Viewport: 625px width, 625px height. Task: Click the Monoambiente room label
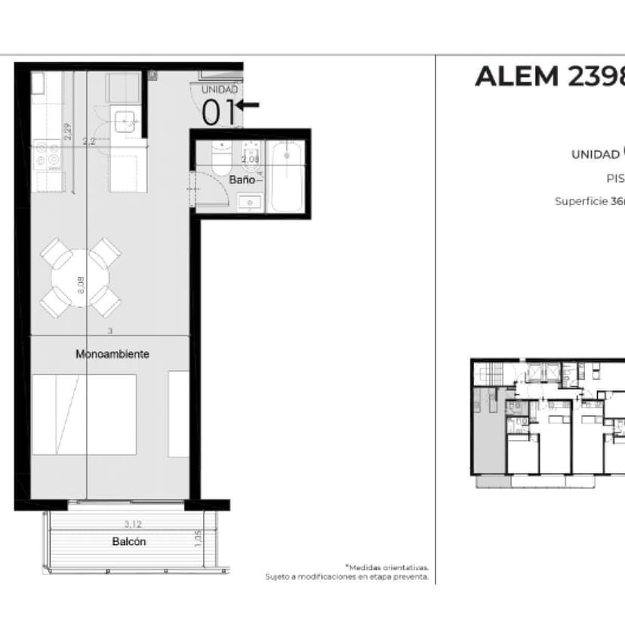[x=112, y=353]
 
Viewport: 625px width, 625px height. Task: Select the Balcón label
[x=129, y=541]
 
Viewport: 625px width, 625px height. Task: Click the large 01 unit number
[x=219, y=112]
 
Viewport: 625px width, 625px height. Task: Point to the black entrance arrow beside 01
[x=248, y=105]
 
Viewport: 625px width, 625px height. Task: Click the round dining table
[x=80, y=279]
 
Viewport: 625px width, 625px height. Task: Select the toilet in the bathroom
[x=221, y=158]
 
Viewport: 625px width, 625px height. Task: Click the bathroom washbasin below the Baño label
[x=250, y=202]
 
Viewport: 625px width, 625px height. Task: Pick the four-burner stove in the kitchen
[x=48, y=155]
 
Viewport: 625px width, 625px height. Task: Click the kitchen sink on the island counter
[x=124, y=121]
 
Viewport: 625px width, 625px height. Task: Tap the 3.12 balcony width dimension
[x=133, y=522]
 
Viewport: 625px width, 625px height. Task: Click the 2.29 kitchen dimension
[x=68, y=133]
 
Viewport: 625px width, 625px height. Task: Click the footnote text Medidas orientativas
[x=389, y=567]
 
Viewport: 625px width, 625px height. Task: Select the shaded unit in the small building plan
[x=486, y=430]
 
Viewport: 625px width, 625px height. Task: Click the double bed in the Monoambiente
[x=84, y=414]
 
